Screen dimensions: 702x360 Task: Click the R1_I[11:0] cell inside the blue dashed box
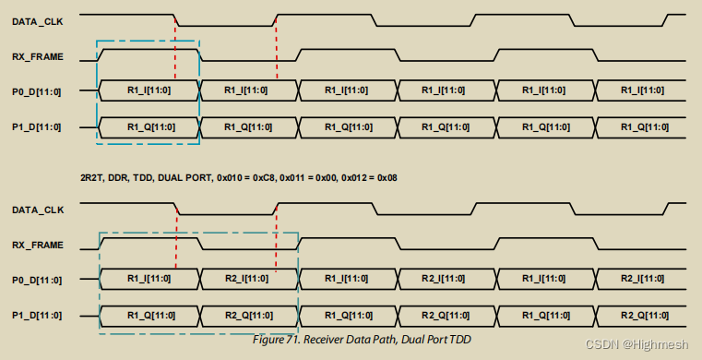[149, 90]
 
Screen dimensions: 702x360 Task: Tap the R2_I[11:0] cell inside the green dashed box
[247, 278]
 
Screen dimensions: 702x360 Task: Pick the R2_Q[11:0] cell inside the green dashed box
[247, 314]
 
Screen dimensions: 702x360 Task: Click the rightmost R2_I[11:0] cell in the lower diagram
[641, 278]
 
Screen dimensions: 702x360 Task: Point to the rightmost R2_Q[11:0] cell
[641, 314]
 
